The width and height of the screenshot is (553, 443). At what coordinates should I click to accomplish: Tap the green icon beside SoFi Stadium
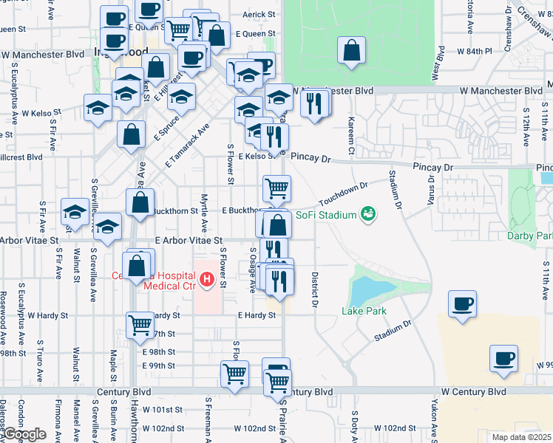click(367, 215)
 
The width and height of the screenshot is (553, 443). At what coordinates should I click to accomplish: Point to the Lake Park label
click(364, 312)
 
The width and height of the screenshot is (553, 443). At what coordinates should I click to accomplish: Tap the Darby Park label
click(530, 236)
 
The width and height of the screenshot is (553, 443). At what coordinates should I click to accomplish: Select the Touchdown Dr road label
click(343, 194)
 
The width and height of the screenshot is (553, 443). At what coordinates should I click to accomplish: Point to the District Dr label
click(314, 288)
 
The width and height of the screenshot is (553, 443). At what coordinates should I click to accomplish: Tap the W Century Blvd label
click(473, 391)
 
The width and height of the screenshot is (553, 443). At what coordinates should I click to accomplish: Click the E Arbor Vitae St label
click(189, 241)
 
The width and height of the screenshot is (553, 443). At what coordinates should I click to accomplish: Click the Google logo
click(24, 434)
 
